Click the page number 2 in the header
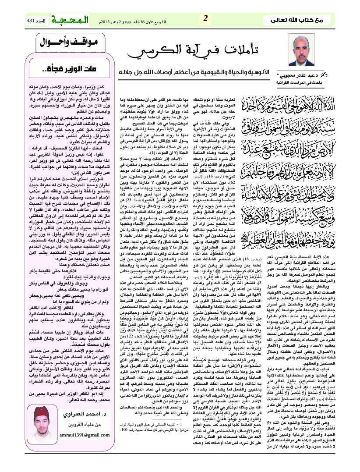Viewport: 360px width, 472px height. [x=205, y=18]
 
